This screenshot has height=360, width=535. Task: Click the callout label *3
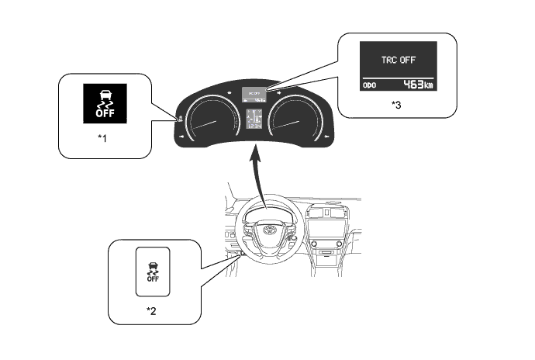(x=397, y=103)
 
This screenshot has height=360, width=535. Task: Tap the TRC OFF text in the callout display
(x=397, y=61)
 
